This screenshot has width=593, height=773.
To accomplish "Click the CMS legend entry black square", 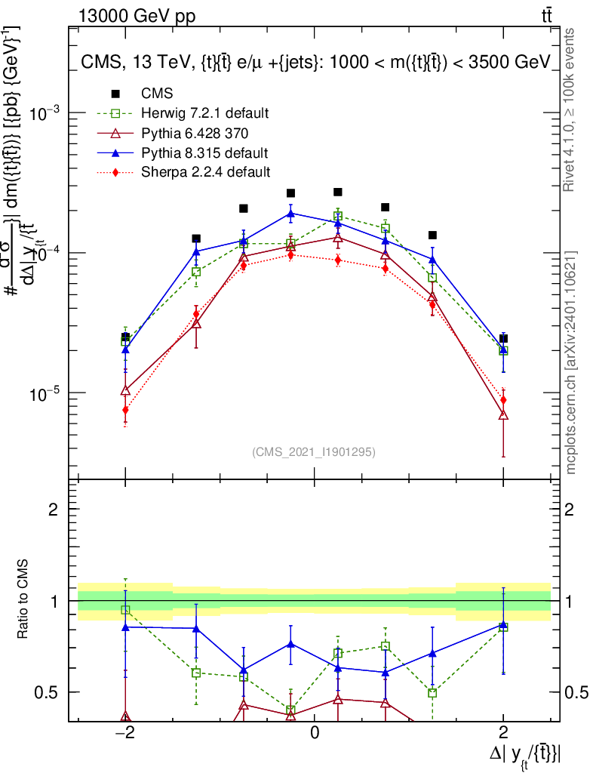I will (x=116, y=94).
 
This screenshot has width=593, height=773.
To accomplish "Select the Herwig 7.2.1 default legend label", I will (x=205, y=114).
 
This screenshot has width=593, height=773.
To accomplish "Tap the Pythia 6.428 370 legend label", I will (x=195, y=134).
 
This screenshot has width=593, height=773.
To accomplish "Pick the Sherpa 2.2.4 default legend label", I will (x=205, y=172).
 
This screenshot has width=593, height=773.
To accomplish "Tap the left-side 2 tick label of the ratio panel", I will (x=54, y=510).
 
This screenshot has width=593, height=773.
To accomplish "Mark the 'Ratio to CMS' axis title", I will (x=25, y=600).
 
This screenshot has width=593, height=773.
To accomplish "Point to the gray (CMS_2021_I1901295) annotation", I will (x=314, y=451).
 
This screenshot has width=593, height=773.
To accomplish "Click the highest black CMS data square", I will (x=338, y=192).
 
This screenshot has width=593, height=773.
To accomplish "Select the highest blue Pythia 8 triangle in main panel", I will (x=290, y=213).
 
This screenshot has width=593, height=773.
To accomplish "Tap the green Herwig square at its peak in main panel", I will (x=338, y=217).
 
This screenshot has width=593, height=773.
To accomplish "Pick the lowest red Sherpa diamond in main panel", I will (x=125, y=410).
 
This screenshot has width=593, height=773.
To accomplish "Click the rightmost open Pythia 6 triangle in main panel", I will (x=503, y=414).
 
